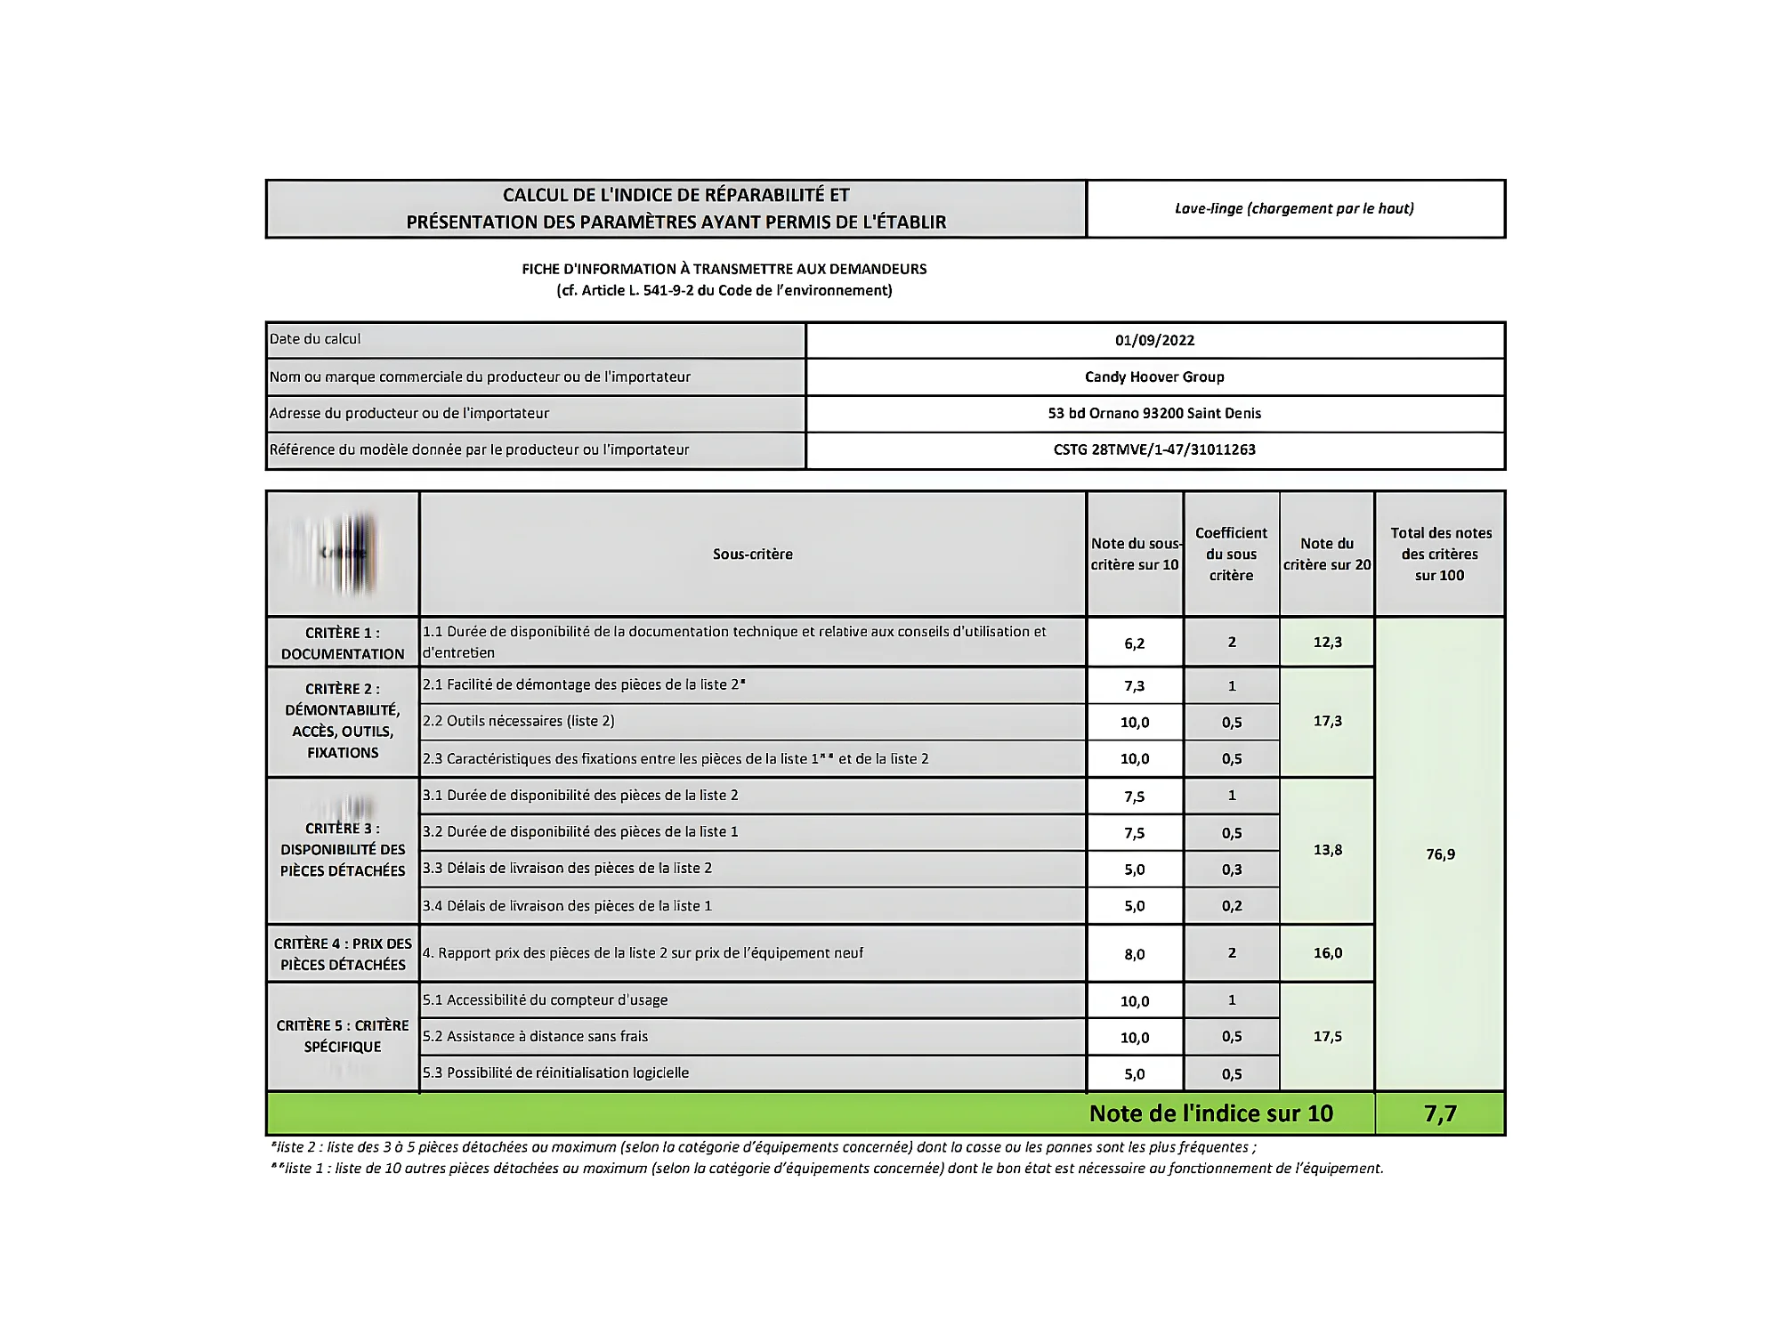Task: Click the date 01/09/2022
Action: pyautogui.click(x=1154, y=340)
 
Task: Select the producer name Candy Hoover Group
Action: pyautogui.click(x=1154, y=376)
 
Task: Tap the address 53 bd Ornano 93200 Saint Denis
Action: pyautogui.click(x=1154, y=413)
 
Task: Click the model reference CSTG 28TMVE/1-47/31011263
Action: pyautogui.click(x=1154, y=449)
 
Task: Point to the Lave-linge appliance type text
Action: pyautogui.click(x=1294, y=208)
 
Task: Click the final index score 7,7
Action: pyautogui.click(x=1440, y=1113)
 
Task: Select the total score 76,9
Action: pyautogui.click(x=1440, y=854)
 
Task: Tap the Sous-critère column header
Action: pyautogui.click(x=752, y=554)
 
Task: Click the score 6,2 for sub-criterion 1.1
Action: pyautogui.click(x=1134, y=643)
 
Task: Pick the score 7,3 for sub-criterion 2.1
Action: pyautogui.click(x=1134, y=686)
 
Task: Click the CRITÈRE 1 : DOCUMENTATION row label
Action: pyautogui.click(x=343, y=643)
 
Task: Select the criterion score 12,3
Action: pyautogui.click(x=1327, y=643)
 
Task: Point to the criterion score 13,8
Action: pyautogui.click(x=1327, y=850)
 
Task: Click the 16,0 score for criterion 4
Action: pyautogui.click(x=1327, y=953)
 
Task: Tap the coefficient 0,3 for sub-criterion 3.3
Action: pyautogui.click(x=1232, y=870)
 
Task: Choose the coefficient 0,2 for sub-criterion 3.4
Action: pyautogui.click(x=1232, y=906)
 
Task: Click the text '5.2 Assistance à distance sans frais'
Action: pyautogui.click(x=535, y=1036)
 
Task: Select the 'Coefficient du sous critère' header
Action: pyautogui.click(x=1231, y=554)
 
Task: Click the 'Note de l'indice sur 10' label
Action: pyautogui.click(x=1210, y=1113)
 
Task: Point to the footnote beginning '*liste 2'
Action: pyautogui.click(x=763, y=1147)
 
